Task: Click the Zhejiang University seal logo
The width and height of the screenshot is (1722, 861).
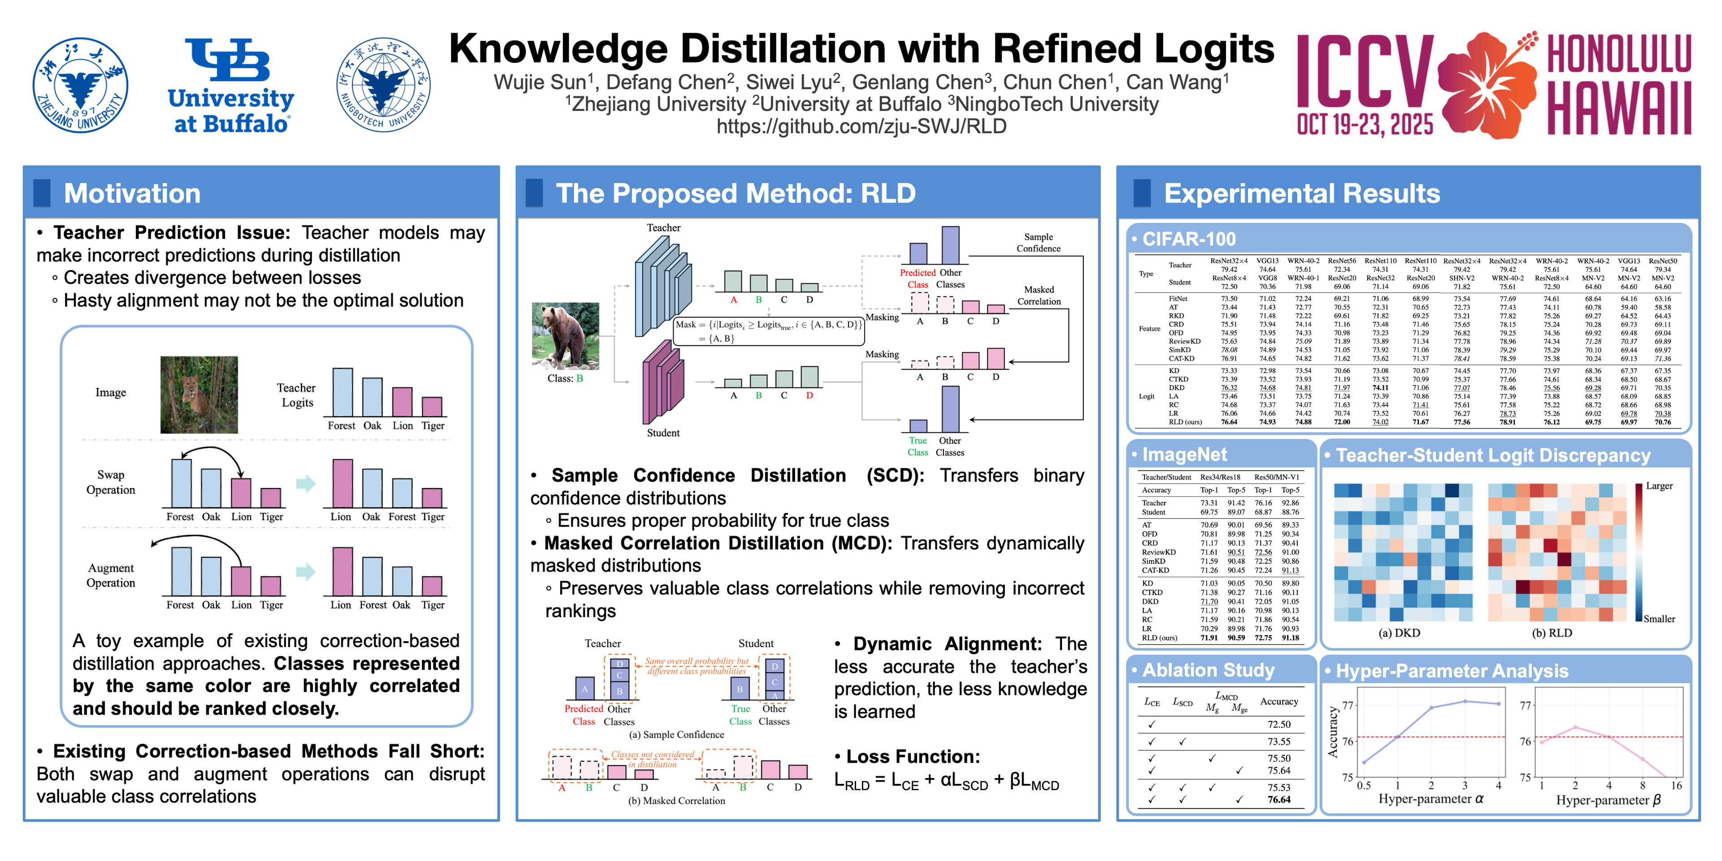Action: coord(80,85)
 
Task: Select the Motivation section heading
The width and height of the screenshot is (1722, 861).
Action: coord(132,194)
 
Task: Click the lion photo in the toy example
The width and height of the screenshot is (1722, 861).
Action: coord(199,395)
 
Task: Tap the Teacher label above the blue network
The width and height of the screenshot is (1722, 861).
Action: coord(663,228)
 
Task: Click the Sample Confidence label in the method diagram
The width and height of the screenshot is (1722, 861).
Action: coord(1038,243)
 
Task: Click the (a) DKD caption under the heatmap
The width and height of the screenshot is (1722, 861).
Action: coord(1399,633)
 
